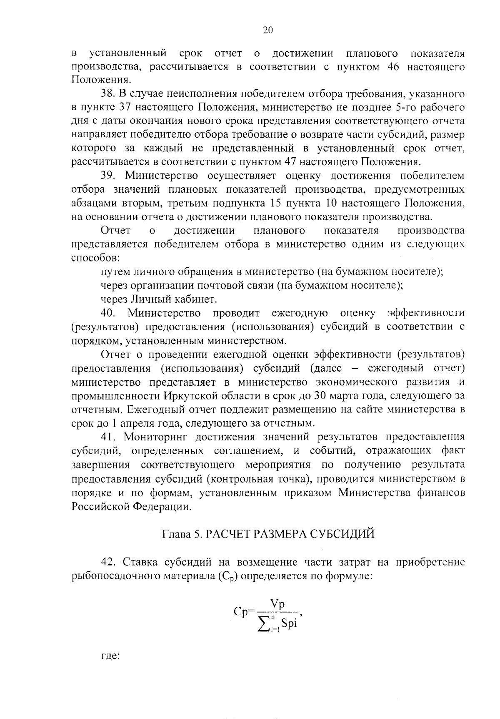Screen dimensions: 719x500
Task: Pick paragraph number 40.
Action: pyautogui.click(x=110, y=313)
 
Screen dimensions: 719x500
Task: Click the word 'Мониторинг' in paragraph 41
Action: pyautogui.click(x=155, y=437)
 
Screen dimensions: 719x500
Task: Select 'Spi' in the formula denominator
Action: pyautogui.click(x=288, y=624)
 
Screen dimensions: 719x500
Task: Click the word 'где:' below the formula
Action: pyautogui.click(x=110, y=656)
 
